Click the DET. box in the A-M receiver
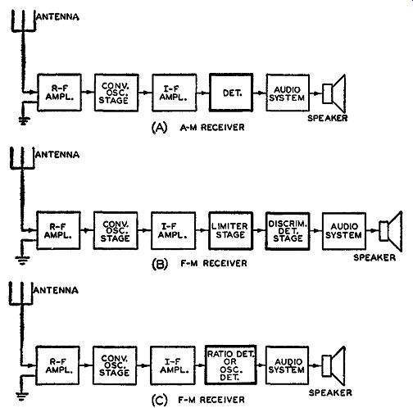tap(231, 93)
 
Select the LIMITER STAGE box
tap(230, 231)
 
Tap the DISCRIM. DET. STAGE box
tap(288, 231)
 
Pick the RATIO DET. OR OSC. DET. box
tap(230, 365)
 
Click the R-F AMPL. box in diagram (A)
tap(59, 93)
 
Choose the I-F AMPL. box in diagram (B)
tap(173, 231)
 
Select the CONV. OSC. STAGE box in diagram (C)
tap(115, 365)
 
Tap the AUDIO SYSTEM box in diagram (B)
tap(344, 231)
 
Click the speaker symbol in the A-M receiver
tap(334, 93)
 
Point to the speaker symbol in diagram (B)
tap(391, 231)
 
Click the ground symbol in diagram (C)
tap(22, 397)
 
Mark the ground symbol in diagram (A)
tap(24, 120)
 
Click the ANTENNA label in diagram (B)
tap(57, 155)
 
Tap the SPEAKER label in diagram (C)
tap(330, 392)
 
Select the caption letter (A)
tap(159, 128)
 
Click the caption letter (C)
tap(159, 401)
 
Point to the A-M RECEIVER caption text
tap(212, 127)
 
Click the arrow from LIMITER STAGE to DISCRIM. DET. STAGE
tap(259, 230)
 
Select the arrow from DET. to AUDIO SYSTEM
tap(260, 93)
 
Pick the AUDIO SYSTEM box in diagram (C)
tap(287, 365)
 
